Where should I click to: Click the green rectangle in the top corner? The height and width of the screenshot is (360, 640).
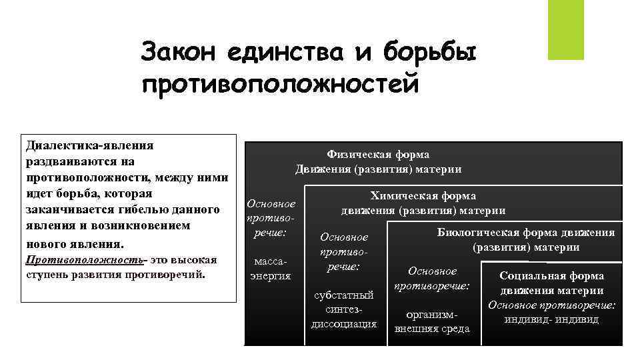[565, 29]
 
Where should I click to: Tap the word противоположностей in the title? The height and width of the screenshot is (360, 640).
[281, 85]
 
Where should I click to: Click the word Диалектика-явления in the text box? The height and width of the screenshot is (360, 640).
[89, 145]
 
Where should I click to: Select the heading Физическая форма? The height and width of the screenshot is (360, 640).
[378, 155]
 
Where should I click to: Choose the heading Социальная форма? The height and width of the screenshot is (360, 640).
[552, 275]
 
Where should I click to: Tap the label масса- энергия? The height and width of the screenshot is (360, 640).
[270, 269]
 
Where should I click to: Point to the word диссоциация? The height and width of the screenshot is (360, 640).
[344, 324]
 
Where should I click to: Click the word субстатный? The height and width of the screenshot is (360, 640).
[344, 295]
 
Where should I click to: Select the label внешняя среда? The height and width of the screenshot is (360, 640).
[432, 328]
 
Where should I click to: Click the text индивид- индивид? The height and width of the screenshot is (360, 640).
[551, 319]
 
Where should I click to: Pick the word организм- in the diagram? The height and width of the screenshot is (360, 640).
[432, 313]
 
